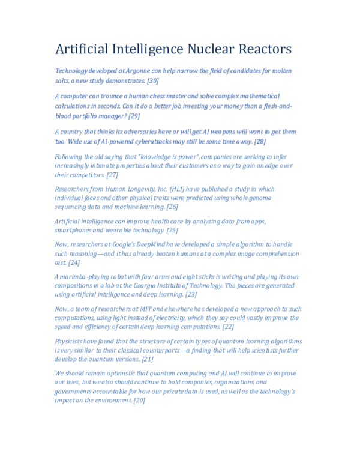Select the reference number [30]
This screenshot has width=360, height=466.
pyautogui.click(x=152, y=80)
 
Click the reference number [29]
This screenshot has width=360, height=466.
pyautogui.click(x=134, y=116)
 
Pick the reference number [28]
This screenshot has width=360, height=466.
pyautogui.click(x=259, y=141)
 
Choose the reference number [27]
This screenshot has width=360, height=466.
pyautogui.click(x=112, y=175)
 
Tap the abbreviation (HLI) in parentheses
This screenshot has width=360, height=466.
pyautogui.click(x=181, y=189)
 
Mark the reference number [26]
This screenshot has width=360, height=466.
pyautogui.click(x=172, y=207)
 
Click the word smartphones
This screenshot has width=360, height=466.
pyautogui.click(x=75, y=230)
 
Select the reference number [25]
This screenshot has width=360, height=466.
pyautogui.click(x=172, y=230)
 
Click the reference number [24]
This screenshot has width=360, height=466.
pyautogui.click(x=74, y=262)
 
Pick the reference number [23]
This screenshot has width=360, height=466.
pyautogui.click(x=191, y=294)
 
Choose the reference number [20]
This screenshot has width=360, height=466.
pyautogui.click(x=139, y=400)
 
